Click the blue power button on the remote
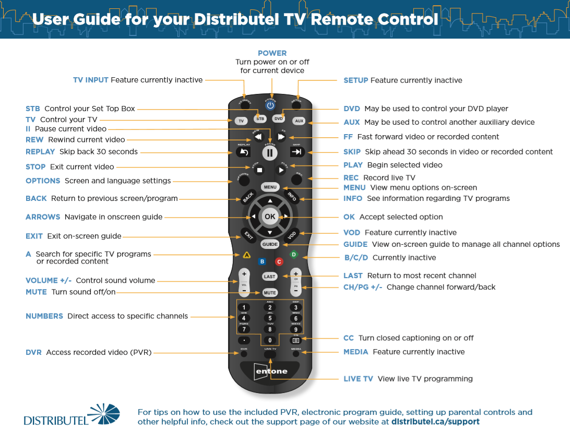[270, 105]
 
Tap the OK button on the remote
[270, 216]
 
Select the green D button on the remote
[293, 255]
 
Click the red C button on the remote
[279, 261]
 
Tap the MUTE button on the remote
[270, 293]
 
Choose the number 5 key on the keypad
[270, 318]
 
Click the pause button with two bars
[270, 153]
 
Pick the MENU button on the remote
[270, 187]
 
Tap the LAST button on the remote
[270, 277]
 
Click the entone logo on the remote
[270, 371]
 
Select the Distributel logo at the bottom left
[72, 415]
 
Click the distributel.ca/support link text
[435, 422]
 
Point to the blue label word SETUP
[355, 80]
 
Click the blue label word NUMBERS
[44, 316]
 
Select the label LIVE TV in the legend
[358, 379]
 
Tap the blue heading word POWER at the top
[272, 53]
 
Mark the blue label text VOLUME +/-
[49, 280]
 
